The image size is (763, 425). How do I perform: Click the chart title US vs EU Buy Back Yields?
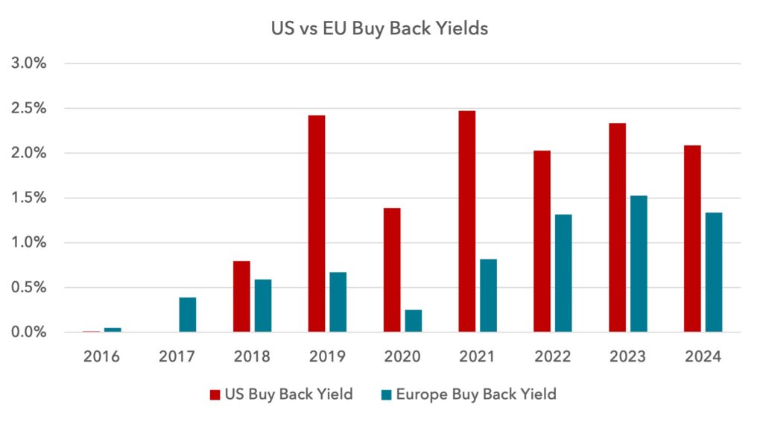[379, 28]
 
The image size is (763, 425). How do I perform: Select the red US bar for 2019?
[316, 224]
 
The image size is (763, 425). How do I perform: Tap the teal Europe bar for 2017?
[187, 315]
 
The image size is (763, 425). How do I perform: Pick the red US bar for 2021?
[466, 221]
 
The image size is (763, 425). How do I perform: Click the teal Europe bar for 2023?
[639, 264]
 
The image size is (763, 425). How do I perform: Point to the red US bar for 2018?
[241, 297]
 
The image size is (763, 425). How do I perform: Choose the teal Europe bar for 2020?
[413, 321]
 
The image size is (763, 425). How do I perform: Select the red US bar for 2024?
[692, 239]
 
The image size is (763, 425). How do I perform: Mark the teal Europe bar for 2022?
[563, 273]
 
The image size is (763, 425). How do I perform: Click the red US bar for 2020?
[392, 270]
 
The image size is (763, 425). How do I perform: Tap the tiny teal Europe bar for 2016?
[113, 330]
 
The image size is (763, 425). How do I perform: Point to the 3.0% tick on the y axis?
[29, 63]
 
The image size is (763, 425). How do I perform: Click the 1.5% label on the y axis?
[29, 198]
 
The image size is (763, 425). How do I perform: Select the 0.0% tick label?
[29, 332]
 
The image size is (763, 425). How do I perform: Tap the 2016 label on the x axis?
[101, 356]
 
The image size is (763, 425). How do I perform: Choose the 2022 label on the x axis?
[552, 356]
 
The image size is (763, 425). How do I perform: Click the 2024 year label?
[703, 356]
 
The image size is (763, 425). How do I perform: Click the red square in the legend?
[215, 395]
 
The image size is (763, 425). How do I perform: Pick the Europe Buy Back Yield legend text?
[476, 394]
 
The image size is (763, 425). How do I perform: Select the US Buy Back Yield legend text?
[288, 394]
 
